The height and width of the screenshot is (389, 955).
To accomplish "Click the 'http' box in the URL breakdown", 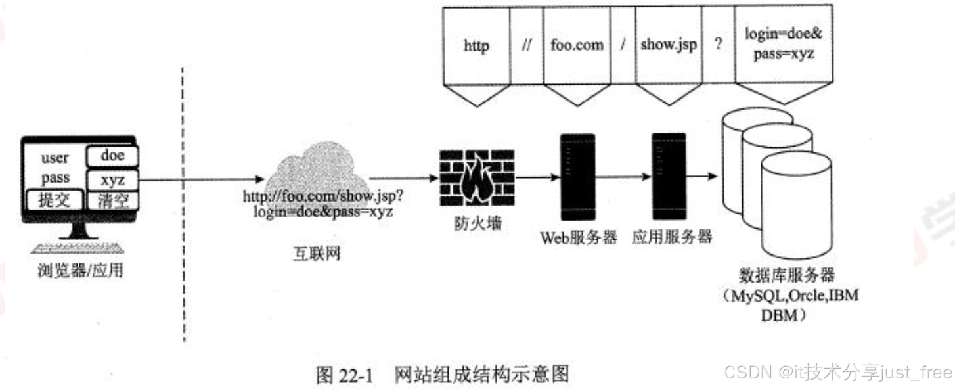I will click(476, 46).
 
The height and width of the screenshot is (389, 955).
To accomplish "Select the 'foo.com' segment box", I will click(577, 46).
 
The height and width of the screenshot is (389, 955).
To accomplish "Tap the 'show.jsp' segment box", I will click(669, 46).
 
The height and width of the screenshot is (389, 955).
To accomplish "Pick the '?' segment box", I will click(719, 46).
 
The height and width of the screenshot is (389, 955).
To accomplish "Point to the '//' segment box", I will click(525, 46).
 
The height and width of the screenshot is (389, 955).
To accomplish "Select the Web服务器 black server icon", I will click(577, 177).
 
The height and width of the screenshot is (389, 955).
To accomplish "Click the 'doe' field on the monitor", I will click(112, 156).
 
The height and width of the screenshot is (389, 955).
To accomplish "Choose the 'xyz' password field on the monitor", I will click(112, 179).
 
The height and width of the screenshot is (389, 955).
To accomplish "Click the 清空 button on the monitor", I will click(112, 200).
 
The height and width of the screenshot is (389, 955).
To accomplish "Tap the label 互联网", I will click(317, 253).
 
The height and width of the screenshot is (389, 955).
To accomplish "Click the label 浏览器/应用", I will click(80, 269).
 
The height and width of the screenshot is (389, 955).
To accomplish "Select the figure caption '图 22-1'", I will click(344, 375).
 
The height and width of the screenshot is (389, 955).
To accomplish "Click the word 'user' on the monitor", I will click(55, 158).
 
